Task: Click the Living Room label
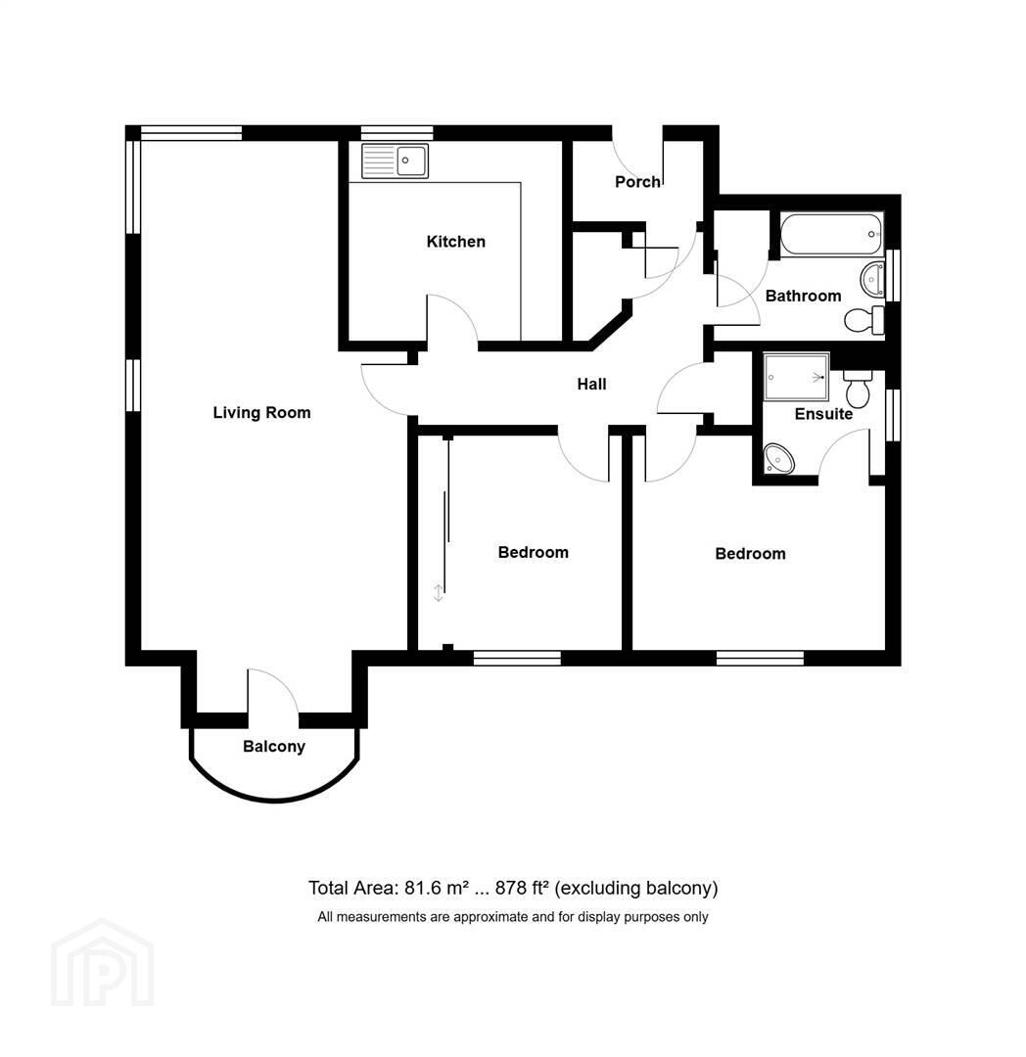pos(261,413)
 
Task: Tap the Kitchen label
pos(455,242)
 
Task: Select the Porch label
pos(637,181)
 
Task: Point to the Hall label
pos(591,385)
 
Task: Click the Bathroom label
pos(803,296)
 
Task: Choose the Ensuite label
pos(823,414)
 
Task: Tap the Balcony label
pos(274,746)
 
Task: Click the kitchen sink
pos(395,161)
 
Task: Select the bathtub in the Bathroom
pos(831,234)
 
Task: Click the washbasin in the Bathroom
pos(872,279)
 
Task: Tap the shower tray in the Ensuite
pos(796,377)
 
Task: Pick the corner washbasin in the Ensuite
pos(778,458)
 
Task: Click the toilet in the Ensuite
pos(858,389)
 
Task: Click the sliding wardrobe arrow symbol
pos(439,593)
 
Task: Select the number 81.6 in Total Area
pos(423,889)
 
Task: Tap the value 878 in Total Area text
pos(510,889)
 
